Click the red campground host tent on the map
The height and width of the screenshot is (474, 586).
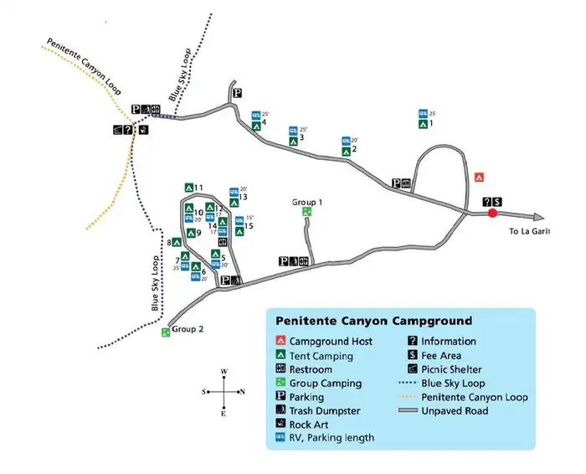tap(480, 178)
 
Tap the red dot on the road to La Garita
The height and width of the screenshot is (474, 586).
tap(492, 214)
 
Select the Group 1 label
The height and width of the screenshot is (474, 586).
tap(307, 203)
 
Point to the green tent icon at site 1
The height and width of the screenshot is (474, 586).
tap(424, 125)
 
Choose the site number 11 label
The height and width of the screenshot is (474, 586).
tap(198, 188)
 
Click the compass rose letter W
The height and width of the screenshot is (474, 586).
tap(224, 371)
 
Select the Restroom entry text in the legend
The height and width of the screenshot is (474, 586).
tap(311, 369)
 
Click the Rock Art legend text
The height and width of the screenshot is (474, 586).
tap(309, 425)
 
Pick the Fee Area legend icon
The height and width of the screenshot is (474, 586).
tap(414, 355)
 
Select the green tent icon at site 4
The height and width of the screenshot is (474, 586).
tap(255, 126)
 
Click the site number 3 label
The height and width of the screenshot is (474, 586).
tap(301, 138)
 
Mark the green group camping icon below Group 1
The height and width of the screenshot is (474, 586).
tap(307, 213)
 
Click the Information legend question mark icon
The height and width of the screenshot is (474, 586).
tap(414, 341)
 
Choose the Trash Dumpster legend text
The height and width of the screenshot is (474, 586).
tap(325, 410)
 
